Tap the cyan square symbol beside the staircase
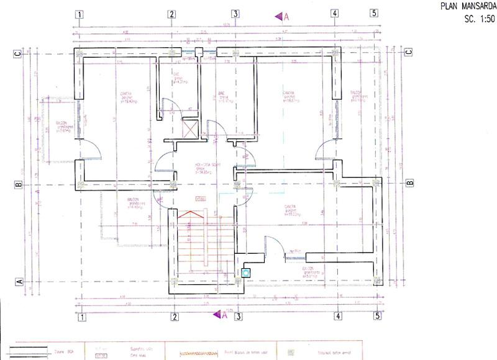tap(246, 272)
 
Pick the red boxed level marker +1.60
tap(200, 199)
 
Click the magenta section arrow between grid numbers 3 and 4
tap(281, 17)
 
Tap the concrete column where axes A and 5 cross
tap(376, 281)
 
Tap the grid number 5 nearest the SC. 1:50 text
tap(374, 12)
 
